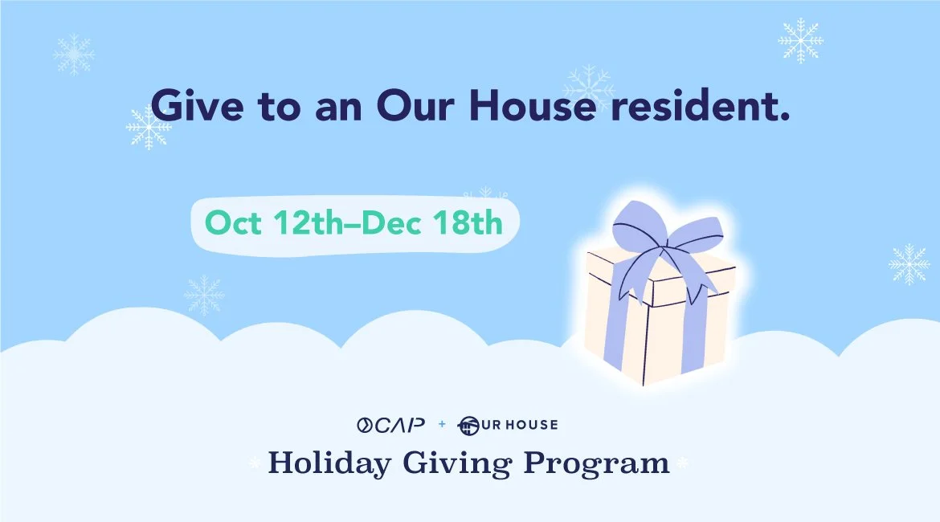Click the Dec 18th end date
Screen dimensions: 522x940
(x=432, y=222)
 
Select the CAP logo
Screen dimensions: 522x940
(x=391, y=423)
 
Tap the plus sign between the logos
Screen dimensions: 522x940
(x=442, y=424)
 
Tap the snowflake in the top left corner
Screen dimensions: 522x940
(x=73, y=54)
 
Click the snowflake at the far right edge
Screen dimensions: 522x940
(x=909, y=264)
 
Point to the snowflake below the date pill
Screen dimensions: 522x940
(x=204, y=296)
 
